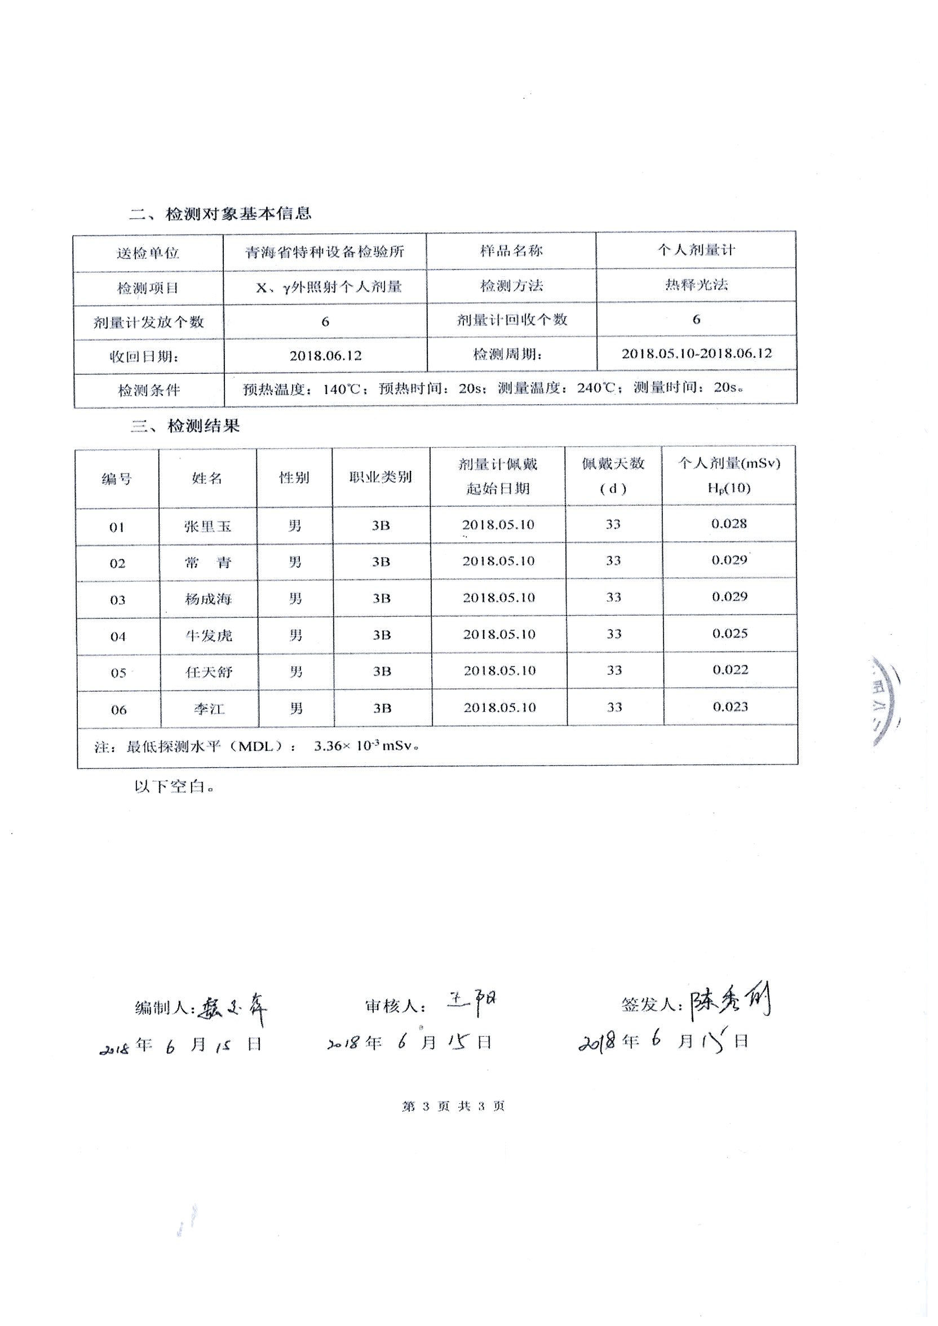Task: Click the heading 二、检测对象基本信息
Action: tap(220, 214)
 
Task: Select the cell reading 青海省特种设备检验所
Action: tap(325, 252)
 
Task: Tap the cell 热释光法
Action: tap(696, 284)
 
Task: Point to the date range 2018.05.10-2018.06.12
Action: tap(696, 353)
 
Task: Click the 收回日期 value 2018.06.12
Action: tap(325, 355)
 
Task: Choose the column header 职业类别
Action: tap(380, 477)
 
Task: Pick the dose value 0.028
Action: tap(729, 524)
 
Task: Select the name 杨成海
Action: tap(208, 599)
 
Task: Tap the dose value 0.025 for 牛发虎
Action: tap(729, 634)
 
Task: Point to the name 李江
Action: tap(209, 709)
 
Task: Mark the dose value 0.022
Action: tap(730, 670)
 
